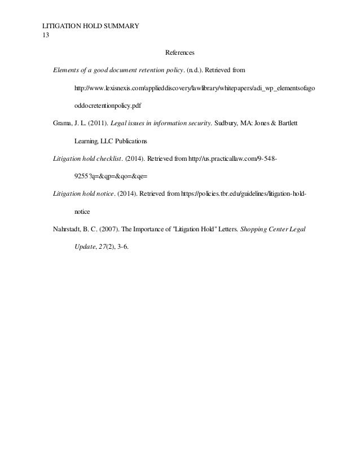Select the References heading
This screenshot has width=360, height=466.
coord(179,53)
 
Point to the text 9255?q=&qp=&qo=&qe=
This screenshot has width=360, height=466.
coord(107,176)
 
